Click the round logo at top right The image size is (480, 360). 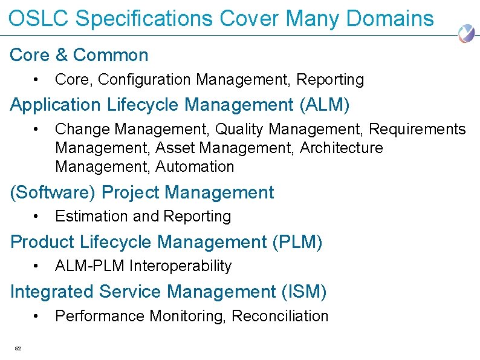pyautogui.click(x=466, y=33)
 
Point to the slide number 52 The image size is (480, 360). pyautogui.click(x=18, y=348)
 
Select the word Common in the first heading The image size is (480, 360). pyautogui.click(x=111, y=55)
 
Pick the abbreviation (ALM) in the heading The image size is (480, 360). pyautogui.click(x=325, y=105)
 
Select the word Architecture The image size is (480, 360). pyautogui.click(x=342, y=148)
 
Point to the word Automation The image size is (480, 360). pyautogui.click(x=195, y=166)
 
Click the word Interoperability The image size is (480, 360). pyautogui.click(x=180, y=266)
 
